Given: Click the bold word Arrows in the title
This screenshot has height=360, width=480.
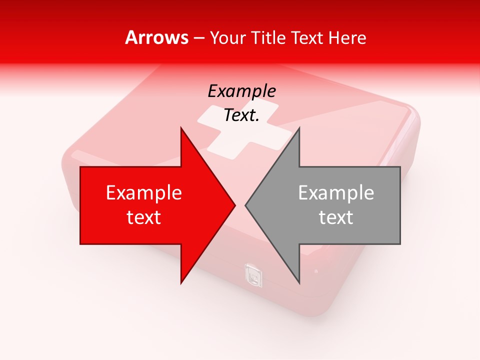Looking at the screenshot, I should tap(157, 37).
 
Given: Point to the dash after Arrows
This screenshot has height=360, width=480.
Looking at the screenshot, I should tap(199, 38).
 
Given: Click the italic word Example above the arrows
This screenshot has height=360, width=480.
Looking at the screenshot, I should tap(242, 91).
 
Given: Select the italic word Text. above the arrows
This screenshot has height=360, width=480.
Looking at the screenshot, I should tap(242, 115).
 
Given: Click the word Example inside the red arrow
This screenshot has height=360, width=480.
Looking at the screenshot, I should tap(144, 193).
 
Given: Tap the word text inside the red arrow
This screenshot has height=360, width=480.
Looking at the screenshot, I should tap(144, 217).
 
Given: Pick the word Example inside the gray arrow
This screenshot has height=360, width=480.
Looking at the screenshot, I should tap(336, 193).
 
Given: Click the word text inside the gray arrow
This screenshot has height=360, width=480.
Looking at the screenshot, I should tap(336, 217).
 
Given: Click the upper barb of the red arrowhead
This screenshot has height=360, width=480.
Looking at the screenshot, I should tap(182, 131).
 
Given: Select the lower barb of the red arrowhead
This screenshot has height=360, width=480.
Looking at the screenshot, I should tap(182, 280).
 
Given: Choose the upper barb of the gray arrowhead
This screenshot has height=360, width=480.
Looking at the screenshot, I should tap(298, 131).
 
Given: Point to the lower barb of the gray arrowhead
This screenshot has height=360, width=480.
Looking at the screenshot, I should tap(298, 280).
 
